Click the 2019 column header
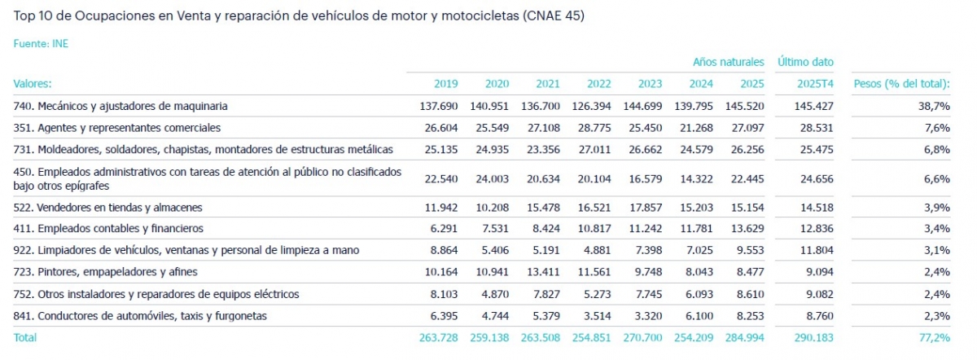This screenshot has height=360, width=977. [x=446, y=83]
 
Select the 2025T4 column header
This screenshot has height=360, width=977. [x=815, y=83]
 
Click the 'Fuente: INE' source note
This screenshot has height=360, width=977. [x=41, y=44]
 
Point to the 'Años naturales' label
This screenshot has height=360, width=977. [x=728, y=62]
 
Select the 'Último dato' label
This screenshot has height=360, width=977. [x=805, y=62]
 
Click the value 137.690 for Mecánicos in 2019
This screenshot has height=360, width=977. [x=439, y=106]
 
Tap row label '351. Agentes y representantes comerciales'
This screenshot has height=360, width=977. [x=117, y=128]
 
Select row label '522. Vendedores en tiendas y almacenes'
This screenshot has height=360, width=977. [x=108, y=208]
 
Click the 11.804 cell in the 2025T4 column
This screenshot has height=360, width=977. [x=815, y=250]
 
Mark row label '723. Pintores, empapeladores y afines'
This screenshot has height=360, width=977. [x=106, y=272]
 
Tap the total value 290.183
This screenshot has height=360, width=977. [x=815, y=337]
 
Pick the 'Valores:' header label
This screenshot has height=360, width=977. [x=33, y=83]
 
